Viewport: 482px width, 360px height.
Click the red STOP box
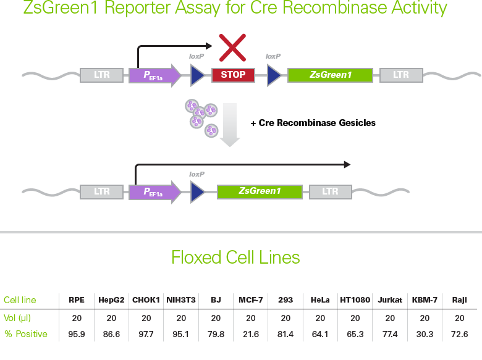pyautogui.click(x=233, y=75)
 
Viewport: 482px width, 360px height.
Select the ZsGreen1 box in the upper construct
pyautogui.click(x=331, y=75)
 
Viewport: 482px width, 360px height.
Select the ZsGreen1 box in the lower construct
pyautogui.click(x=260, y=191)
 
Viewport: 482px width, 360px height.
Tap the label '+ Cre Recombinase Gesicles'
pyautogui.click(x=313, y=123)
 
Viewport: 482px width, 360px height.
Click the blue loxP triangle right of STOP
pyautogui.click(x=274, y=75)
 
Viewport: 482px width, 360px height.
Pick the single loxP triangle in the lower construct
pyautogui.click(x=198, y=191)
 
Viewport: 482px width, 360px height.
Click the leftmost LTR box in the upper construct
pyautogui.click(x=102, y=75)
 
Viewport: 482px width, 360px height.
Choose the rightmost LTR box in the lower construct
pyautogui.click(x=330, y=191)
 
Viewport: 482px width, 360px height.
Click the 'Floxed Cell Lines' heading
pyautogui.click(x=235, y=257)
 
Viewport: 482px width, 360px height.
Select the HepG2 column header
pyautogui.click(x=111, y=300)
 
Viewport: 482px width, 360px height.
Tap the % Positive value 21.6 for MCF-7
pyautogui.click(x=250, y=334)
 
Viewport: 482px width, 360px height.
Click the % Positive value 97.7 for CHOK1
pyautogui.click(x=146, y=334)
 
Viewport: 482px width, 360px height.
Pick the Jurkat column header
pyautogui.click(x=389, y=300)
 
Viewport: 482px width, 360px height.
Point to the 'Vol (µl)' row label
pyautogui.click(x=17, y=318)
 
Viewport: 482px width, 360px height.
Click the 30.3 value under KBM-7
pyautogui.click(x=425, y=334)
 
